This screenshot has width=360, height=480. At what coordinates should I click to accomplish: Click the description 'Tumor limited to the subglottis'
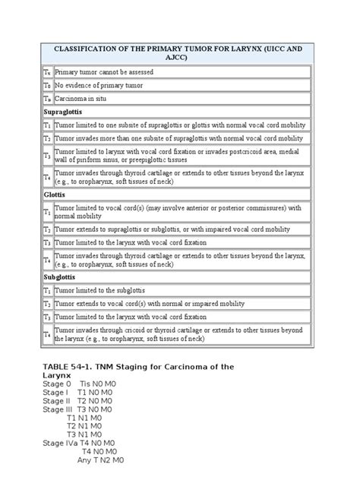(99, 292)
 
